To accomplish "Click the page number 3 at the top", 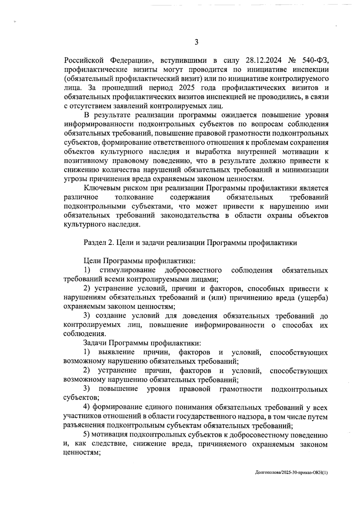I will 196,42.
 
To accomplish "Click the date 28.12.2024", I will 263,61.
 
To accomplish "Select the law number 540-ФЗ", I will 315,61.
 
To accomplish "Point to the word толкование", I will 134,197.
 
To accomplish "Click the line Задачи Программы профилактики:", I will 142,343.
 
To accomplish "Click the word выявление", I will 116,352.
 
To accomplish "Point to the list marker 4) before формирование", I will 87,408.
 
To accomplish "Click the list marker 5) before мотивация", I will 87,435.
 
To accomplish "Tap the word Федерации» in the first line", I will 132,61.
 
